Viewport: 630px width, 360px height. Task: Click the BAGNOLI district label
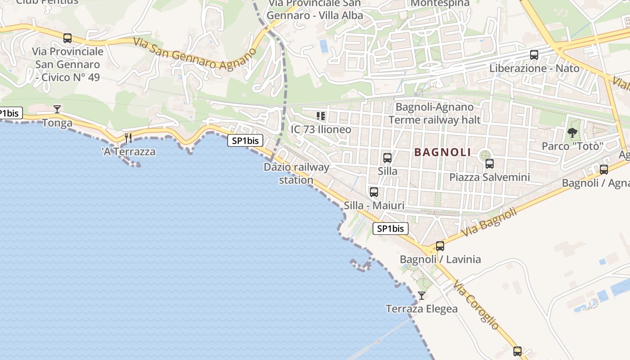442,152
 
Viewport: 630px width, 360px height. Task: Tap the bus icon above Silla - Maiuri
374,192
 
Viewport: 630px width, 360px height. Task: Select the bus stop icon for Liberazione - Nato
534,55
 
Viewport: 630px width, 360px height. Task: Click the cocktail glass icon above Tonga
57,109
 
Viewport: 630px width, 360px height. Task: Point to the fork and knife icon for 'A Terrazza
129,138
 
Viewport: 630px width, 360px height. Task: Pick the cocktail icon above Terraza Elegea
422,296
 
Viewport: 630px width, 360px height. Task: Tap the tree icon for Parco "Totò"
572,133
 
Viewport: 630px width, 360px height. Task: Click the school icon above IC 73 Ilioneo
321,117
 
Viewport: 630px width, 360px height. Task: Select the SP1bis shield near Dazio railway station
245,140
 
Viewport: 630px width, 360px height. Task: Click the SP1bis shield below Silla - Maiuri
391,229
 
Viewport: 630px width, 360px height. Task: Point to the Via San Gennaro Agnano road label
195,53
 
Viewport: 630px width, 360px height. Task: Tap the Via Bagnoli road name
489,223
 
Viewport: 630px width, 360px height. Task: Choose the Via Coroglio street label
476,305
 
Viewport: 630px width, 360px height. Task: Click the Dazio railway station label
296,173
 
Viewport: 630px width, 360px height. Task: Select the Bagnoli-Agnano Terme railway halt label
434,113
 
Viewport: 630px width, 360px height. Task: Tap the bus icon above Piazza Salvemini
490,164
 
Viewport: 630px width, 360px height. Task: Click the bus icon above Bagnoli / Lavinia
440,246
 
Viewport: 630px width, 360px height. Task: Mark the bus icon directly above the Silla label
387,158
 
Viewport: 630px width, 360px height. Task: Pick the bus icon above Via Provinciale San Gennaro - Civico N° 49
67,38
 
